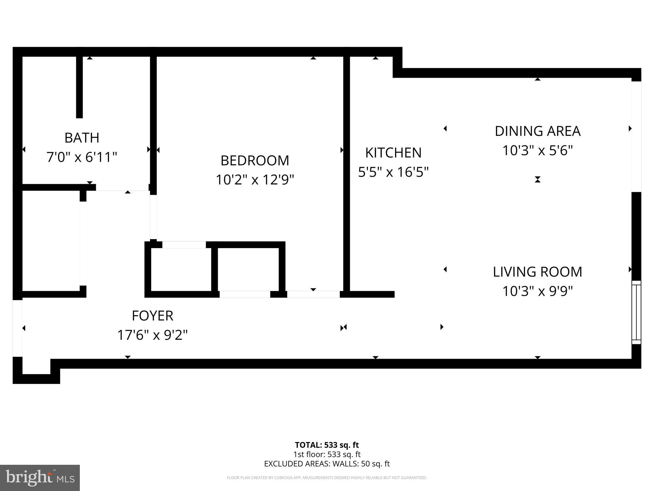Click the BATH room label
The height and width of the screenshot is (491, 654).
pos(82,138)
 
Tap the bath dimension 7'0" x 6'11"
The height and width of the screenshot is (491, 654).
pos(82,157)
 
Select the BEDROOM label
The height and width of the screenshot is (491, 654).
pos(255,160)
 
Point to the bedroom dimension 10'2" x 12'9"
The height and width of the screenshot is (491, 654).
pos(255,180)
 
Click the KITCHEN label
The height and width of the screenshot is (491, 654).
pos(393,153)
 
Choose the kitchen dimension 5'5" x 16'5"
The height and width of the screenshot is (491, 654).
pos(393,172)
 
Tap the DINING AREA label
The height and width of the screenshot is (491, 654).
pos(537,131)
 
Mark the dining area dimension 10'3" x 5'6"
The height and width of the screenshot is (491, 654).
pos(537,150)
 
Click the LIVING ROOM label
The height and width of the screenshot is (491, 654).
pos(537,272)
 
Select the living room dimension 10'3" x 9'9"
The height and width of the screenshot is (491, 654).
pos(537,291)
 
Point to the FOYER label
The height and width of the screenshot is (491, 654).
pos(152,316)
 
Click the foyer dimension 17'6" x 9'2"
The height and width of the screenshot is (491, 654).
pos(152,335)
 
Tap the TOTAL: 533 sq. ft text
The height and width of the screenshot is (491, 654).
pos(327,445)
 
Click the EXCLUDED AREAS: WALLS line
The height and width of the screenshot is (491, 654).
pos(327,464)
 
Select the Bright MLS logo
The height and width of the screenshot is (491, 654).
pos(40,478)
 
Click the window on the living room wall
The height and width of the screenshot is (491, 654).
pos(636,312)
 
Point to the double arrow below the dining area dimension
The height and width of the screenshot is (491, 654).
pos(537,180)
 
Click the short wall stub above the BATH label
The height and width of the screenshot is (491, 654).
pos(79,86)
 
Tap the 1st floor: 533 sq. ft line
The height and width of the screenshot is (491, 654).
pos(327,454)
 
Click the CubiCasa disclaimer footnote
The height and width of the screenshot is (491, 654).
pos(327,478)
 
